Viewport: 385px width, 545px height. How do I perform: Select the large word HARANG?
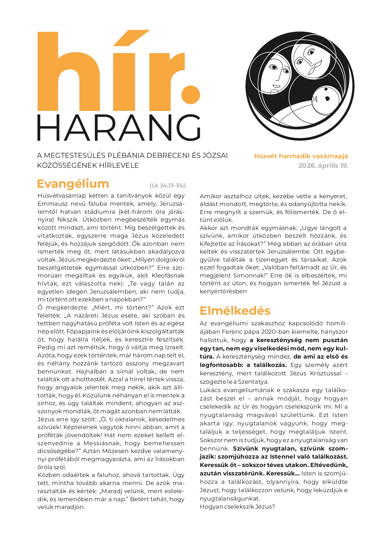[x=119, y=128]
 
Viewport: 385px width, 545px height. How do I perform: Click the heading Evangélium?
[x=73, y=184]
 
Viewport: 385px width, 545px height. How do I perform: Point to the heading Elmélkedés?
[x=235, y=310]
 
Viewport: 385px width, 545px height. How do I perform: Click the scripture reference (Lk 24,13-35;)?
[x=168, y=186]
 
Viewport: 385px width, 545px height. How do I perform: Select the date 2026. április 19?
[x=323, y=166]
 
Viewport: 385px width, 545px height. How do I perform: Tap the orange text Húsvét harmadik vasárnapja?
[x=301, y=156]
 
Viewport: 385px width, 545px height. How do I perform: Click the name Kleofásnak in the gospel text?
[x=168, y=276]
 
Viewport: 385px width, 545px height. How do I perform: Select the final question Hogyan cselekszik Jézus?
[x=237, y=507]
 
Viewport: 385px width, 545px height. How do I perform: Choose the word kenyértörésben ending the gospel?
[x=223, y=291]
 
